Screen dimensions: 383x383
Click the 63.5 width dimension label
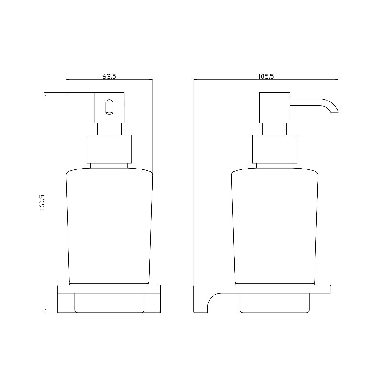109,76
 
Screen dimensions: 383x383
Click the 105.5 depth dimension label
266,76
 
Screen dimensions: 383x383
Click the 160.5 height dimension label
42,203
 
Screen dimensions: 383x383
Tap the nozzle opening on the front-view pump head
109,107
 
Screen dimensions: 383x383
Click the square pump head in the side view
274,107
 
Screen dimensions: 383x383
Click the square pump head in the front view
109,107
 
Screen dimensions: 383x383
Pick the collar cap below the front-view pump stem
109,149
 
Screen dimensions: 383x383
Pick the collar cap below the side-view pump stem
275,149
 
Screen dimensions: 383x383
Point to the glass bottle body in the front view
109,226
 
